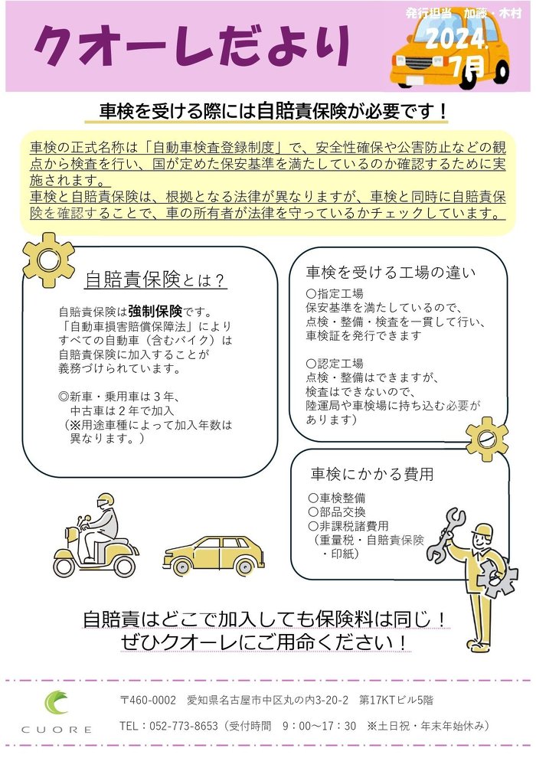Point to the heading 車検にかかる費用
(371, 473)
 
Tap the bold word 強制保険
(155, 312)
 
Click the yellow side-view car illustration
(214, 555)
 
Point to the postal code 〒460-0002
(149, 700)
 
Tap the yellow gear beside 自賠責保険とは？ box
(48, 259)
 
